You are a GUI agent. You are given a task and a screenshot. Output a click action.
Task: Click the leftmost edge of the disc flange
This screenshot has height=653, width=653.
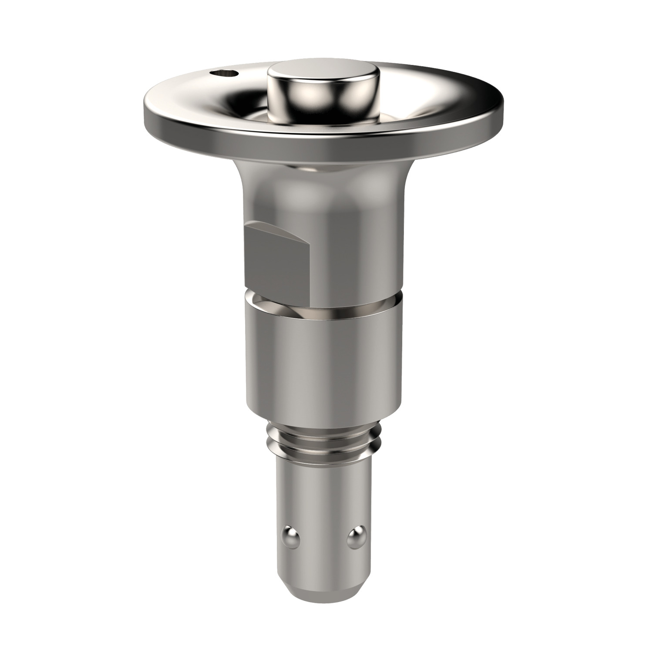coord(145,104)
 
